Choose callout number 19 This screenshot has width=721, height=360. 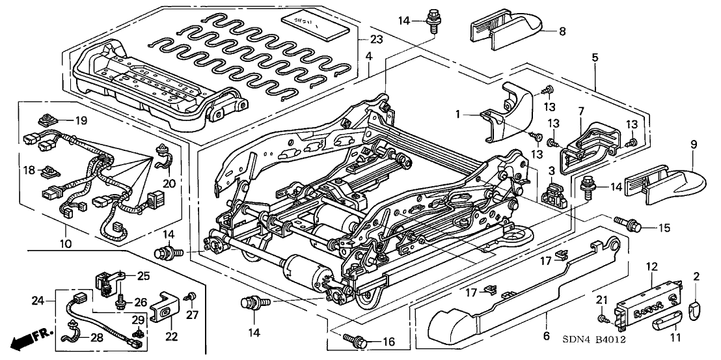(x=80, y=120)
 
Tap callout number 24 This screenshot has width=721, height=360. (x=38, y=301)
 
